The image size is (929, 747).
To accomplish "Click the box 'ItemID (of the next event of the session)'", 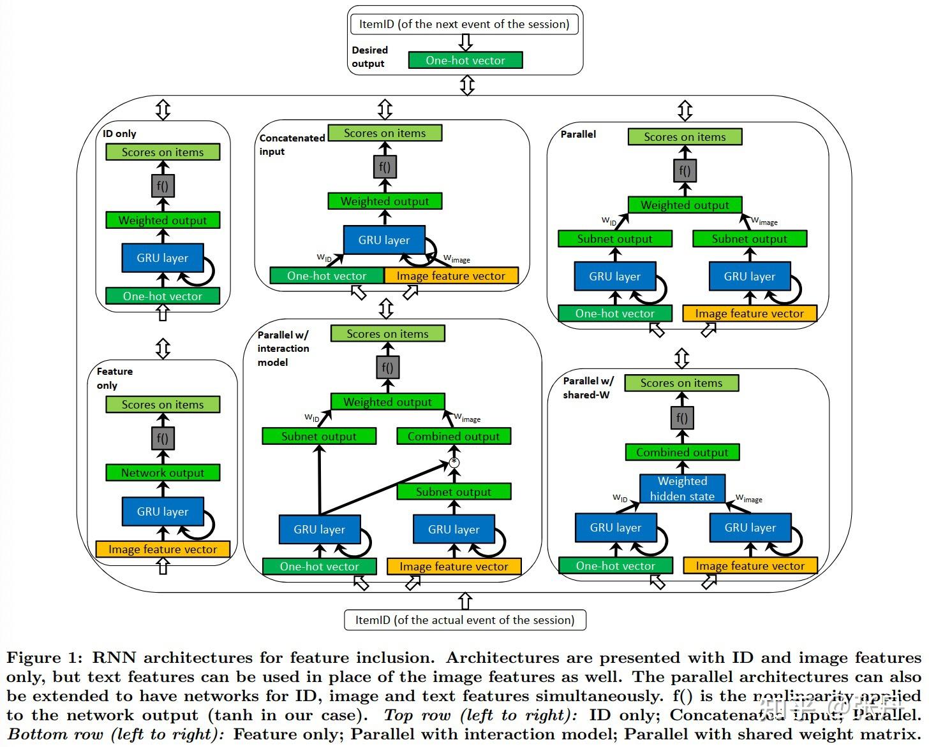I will tap(464, 24).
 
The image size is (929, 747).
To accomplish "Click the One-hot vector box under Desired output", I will tap(465, 61).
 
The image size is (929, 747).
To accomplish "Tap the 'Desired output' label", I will tap(369, 57).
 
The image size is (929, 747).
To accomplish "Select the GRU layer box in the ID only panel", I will tap(162, 258).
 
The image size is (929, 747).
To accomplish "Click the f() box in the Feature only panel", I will tap(163, 439).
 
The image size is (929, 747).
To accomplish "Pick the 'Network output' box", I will tap(163, 473).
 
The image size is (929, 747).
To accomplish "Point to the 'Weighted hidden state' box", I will tap(682, 489).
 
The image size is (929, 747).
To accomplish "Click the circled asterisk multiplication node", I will tap(454, 462).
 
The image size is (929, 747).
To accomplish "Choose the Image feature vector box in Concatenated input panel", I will tap(450, 276).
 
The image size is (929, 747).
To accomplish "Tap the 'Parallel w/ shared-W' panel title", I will tap(588, 388).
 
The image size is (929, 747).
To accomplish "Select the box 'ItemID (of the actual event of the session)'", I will tap(464, 620).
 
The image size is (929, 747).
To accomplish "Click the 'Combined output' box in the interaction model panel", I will tap(454, 437).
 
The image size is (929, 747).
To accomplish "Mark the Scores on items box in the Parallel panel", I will tap(685, 137).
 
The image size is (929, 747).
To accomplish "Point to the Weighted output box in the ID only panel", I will tap(163, 221).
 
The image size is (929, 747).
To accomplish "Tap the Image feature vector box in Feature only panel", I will tap(163, 549).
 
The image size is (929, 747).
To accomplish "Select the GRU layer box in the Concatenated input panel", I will tap(384, 240).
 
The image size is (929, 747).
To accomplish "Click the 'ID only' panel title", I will tap(119, 134).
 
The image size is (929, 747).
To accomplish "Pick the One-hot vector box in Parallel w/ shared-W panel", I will tap(615, 566).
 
